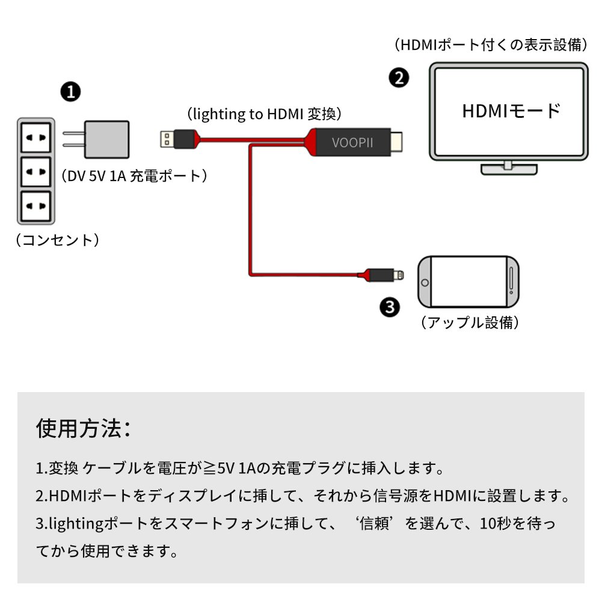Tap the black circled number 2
[399, 77]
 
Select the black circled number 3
[390, 307]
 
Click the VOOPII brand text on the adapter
[352, 143]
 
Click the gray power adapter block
[106, 140]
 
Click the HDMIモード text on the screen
[511, 111]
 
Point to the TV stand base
[508, 169]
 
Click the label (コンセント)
[57, 241]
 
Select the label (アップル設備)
[469, 322]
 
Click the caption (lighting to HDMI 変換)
[264, 114]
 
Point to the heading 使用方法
[83, 428]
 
